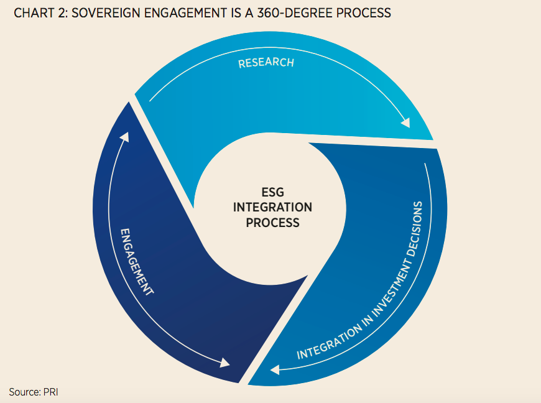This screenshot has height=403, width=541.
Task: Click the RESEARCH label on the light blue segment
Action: (266, 63)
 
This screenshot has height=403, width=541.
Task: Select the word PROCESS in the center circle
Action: (272, 222)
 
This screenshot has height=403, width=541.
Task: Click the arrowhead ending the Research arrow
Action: (405, 123)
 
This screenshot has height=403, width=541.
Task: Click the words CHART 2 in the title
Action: (35, 13)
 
